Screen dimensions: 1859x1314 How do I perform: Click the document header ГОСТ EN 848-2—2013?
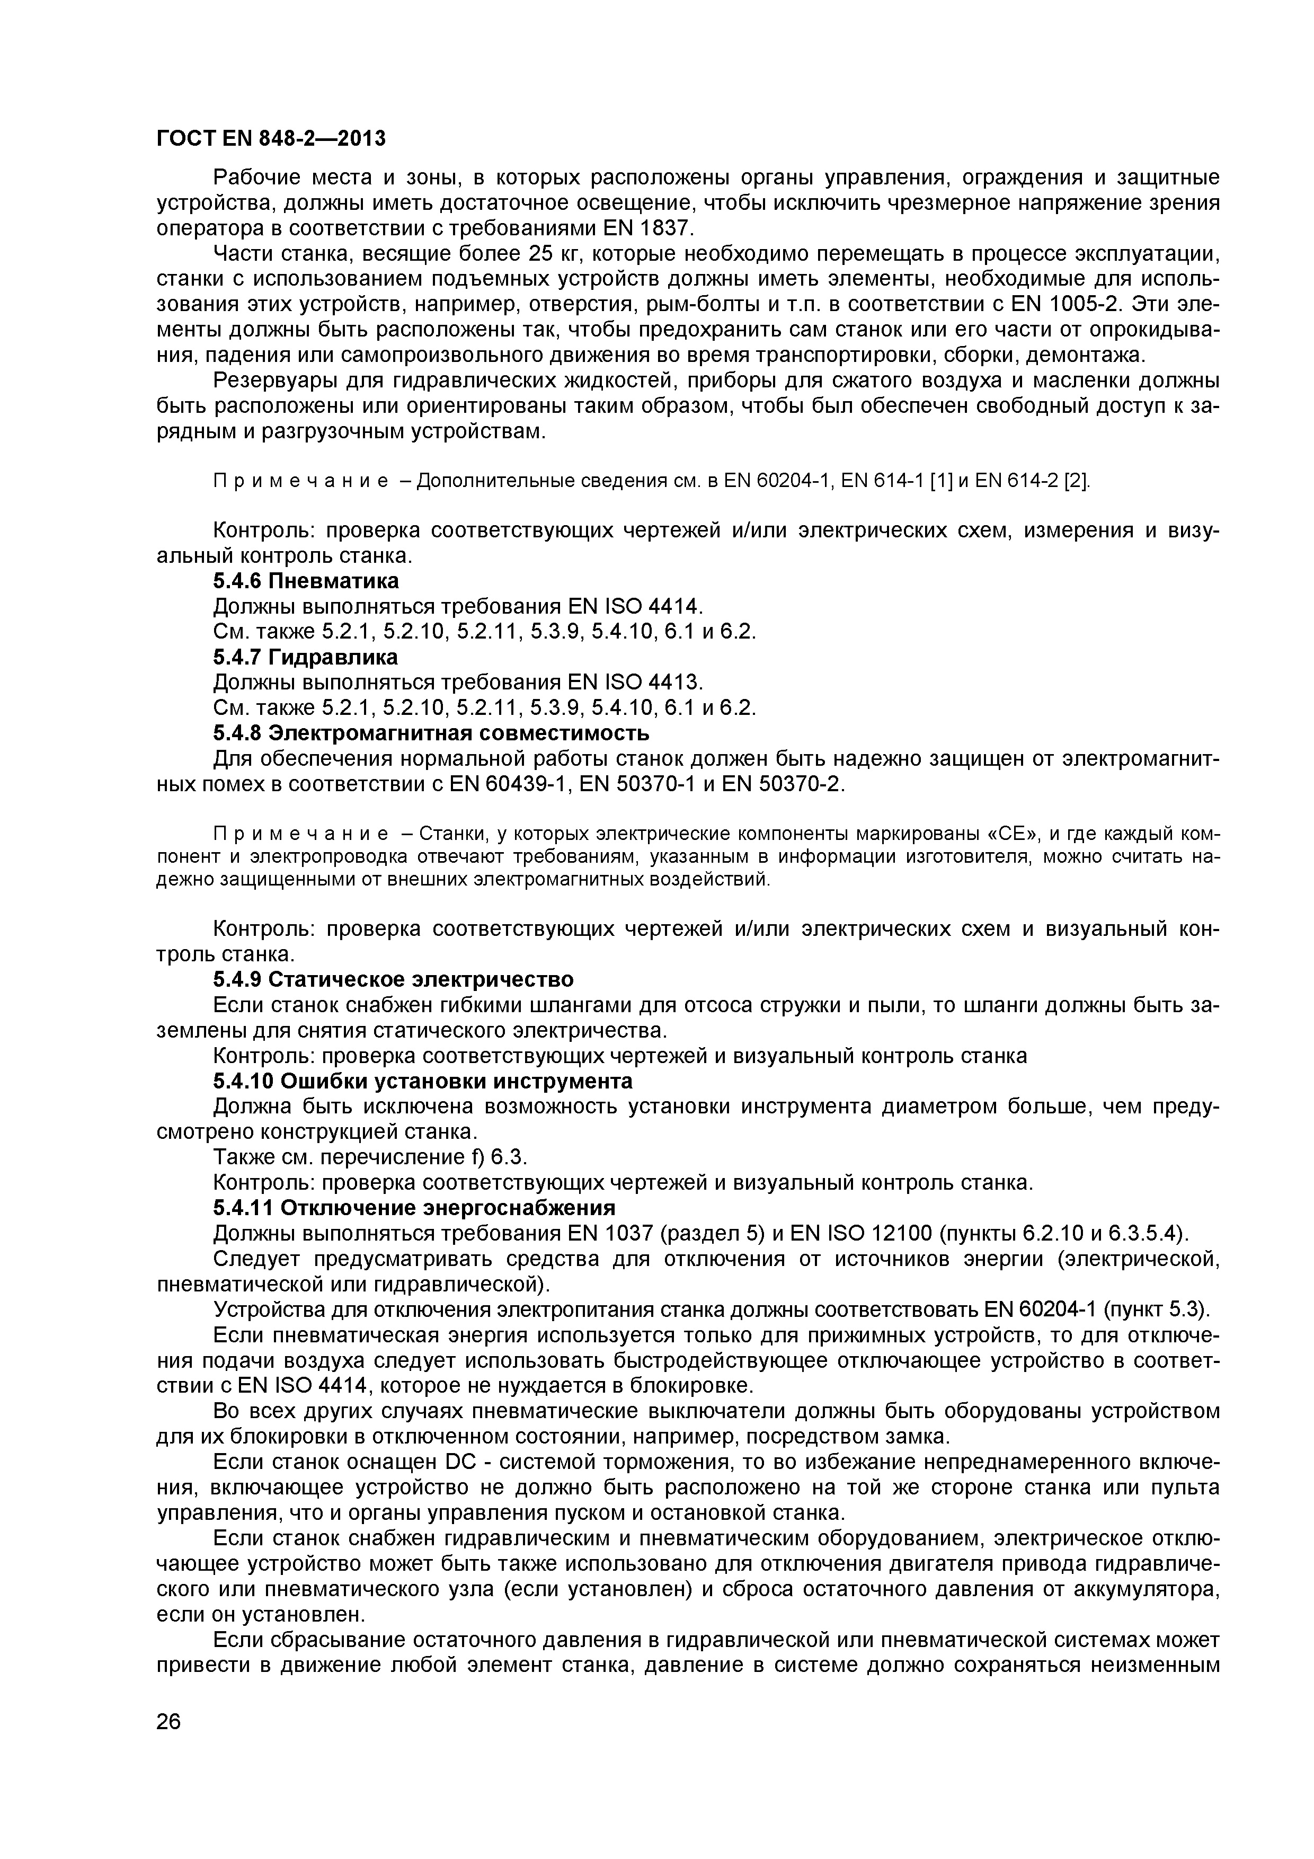coord(270,139)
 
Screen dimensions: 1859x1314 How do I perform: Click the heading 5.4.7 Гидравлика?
coord(305,657)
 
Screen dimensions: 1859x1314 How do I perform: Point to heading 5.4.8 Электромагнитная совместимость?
coord(431,733)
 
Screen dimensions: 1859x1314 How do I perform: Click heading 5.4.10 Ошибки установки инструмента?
coord(422,1082)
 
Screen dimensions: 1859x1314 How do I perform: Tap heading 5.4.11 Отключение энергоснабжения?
coord(414,1208)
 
